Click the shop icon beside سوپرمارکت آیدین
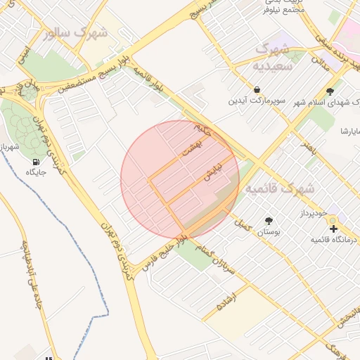pyautogui.click(x=257, y=90)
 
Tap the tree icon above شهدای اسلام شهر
pyautogui.click(x=330, y=90)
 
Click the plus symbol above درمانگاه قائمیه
pyautogui.click(x=333, y=229)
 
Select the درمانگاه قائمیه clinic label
pyautogui.click(x=334, y=240)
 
